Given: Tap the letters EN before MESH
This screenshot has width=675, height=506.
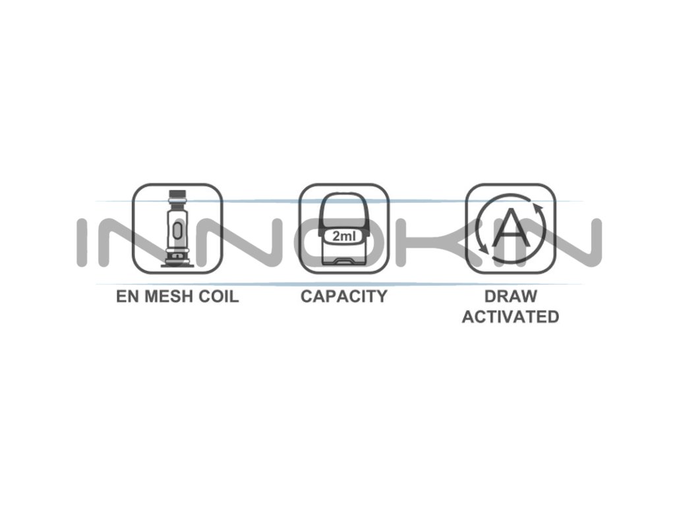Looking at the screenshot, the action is coord(127,296).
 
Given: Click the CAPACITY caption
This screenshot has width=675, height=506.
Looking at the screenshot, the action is coord(343,296).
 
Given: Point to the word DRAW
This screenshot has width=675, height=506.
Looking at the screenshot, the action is coord(510,296).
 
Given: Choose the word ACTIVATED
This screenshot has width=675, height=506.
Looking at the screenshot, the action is coord(510,316).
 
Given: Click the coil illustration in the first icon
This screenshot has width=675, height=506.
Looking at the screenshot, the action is coord(177,227).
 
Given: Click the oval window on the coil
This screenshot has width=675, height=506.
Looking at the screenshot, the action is coord(177,229).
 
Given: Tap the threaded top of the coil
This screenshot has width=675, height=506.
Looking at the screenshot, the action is coord(177,196).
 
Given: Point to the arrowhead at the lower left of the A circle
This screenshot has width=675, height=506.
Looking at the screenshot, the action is coord(483,248).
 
